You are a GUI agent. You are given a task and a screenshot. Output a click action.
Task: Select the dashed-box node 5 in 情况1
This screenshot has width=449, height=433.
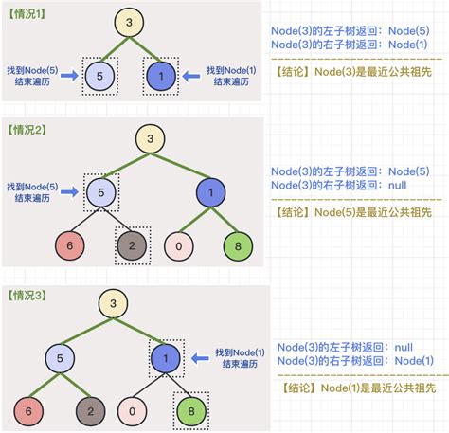point(101,75)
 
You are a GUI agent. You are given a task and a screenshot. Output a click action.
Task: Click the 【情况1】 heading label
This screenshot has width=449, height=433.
point(27,11)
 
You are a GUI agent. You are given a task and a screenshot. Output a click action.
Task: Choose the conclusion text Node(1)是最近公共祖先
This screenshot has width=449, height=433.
point(352,387)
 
